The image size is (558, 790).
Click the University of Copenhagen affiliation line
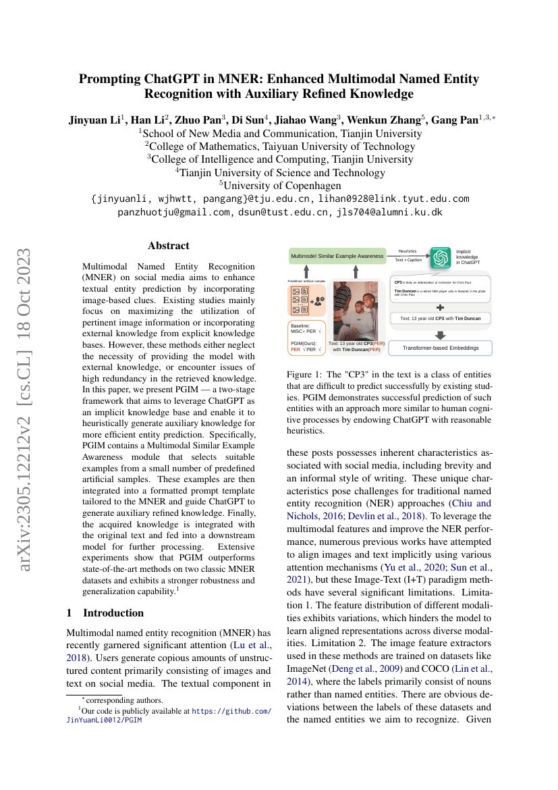point(279,185)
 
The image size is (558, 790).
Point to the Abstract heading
point(169,246)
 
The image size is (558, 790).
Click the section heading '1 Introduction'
point(105,612)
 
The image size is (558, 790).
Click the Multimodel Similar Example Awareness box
point(337,257)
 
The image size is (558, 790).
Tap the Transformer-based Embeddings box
point(441,348)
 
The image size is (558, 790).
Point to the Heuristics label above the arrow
point(408,251)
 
